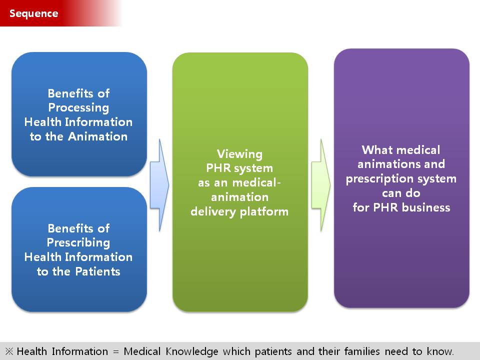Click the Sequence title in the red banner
(33, 13)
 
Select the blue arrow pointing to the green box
(159, 185)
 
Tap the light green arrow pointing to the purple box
(321, 185)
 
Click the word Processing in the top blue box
(78, 108)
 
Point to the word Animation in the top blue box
(97, 136)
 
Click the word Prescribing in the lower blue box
(78, 243)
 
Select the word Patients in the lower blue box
(97, 271)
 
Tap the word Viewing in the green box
(239, 154)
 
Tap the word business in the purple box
(426, 207)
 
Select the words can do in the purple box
(401, 193)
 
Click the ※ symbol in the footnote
(9, 351)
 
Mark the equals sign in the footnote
(115, 351)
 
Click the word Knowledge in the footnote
(192, 351)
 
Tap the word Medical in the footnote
(142, 351)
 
